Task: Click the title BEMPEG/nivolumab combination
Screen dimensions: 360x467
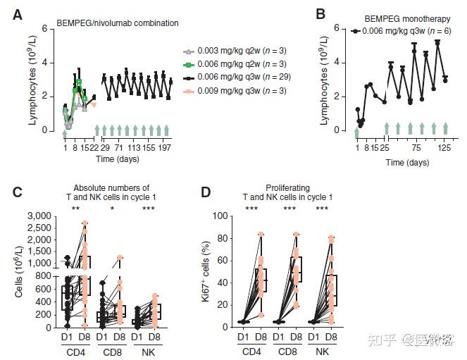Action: click(x=118, y=23)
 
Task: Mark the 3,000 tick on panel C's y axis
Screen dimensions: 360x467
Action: click(x=37, y=215)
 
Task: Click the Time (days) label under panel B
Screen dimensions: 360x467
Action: click(x=406, y=163)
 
